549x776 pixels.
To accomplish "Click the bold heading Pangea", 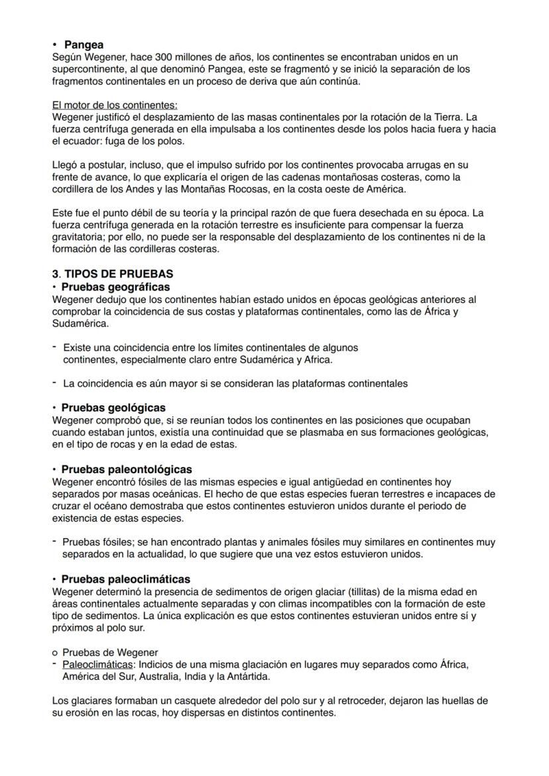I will (84, 45).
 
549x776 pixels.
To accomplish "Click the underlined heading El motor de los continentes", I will (114, 105).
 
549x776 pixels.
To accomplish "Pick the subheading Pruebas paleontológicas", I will (126, 469).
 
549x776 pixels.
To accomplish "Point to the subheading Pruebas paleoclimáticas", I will (125, 579).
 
